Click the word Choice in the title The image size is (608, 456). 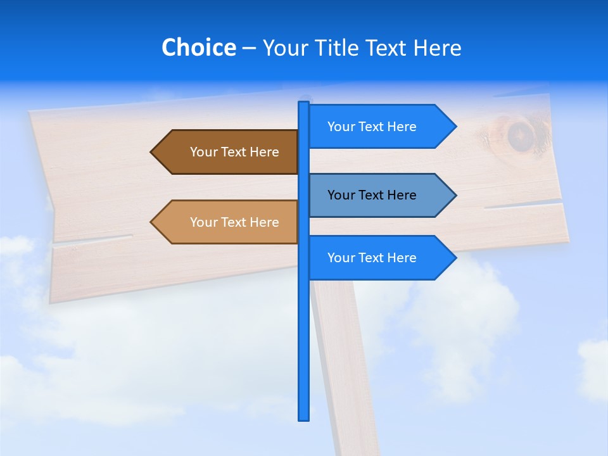coord(198,47)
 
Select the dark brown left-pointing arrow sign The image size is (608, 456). coord(228,152)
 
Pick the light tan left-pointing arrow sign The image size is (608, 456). coord(228,222)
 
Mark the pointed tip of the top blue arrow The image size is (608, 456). coord(455,127)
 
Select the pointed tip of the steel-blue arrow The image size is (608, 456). coord(455,195)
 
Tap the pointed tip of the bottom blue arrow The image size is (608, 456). coord(455,258)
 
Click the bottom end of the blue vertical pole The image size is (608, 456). coord(304,418)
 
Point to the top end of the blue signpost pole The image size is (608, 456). coord(304,103)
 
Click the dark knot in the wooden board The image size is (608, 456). coord(521,134)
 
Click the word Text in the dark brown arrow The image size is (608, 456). coord(234,152)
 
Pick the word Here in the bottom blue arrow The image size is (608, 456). coord(402,258)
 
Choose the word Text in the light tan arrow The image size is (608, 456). coord(234,222)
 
